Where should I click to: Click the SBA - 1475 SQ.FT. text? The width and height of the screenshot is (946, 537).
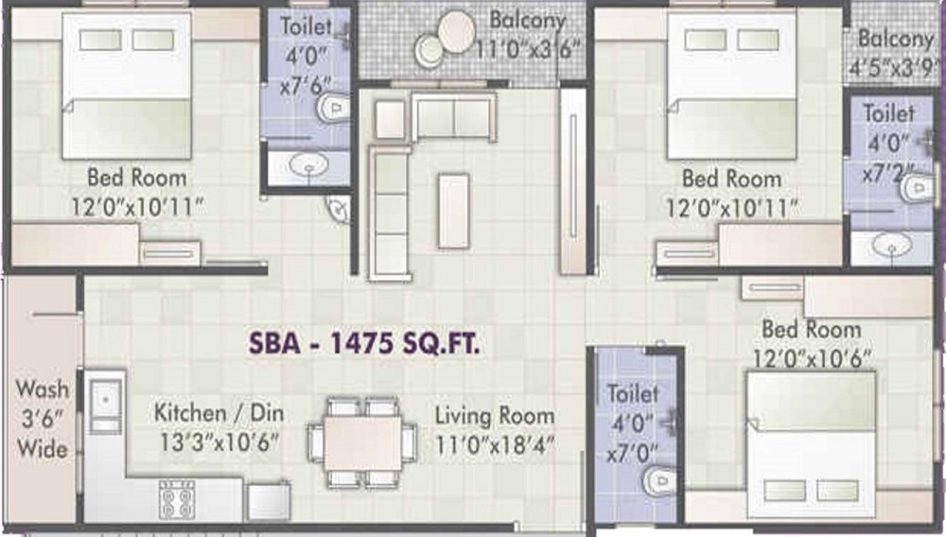click(364, 343)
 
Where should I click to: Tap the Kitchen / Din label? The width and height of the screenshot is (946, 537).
click(219, 413)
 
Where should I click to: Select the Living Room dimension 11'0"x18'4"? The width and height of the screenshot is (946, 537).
click(495, 446)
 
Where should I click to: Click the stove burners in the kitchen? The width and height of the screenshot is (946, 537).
click(177, 499)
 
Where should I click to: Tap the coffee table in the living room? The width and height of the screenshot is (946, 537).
click(454, 211)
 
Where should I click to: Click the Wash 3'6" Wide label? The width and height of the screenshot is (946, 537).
click(43, 419)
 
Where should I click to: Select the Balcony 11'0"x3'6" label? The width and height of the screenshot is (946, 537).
click(528, 35)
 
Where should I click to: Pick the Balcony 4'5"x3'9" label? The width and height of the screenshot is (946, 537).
click(895, 54)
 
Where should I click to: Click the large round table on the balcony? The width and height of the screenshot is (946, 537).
click(457, 32)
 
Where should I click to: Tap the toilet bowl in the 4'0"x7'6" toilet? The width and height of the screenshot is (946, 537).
click(333, 108)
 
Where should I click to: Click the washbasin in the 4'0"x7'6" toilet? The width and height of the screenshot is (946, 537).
click(309, 164)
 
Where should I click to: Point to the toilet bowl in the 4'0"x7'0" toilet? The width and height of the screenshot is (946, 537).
click(660, 481)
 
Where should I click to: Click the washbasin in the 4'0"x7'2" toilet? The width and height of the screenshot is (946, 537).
click(892, 245)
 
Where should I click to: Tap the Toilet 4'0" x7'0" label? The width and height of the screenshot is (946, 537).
click(632, 424)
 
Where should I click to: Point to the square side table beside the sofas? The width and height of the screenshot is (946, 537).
click(390, 119)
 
